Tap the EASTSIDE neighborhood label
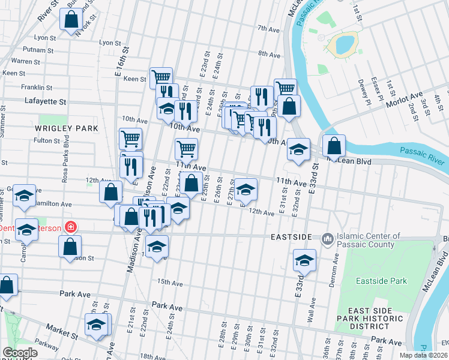(292, 237)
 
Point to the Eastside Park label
(381, 281)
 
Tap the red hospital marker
(71, 227)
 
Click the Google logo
(20, 353)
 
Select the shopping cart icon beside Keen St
(161, 77)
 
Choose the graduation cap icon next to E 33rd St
(304, 260)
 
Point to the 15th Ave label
(169, 281)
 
